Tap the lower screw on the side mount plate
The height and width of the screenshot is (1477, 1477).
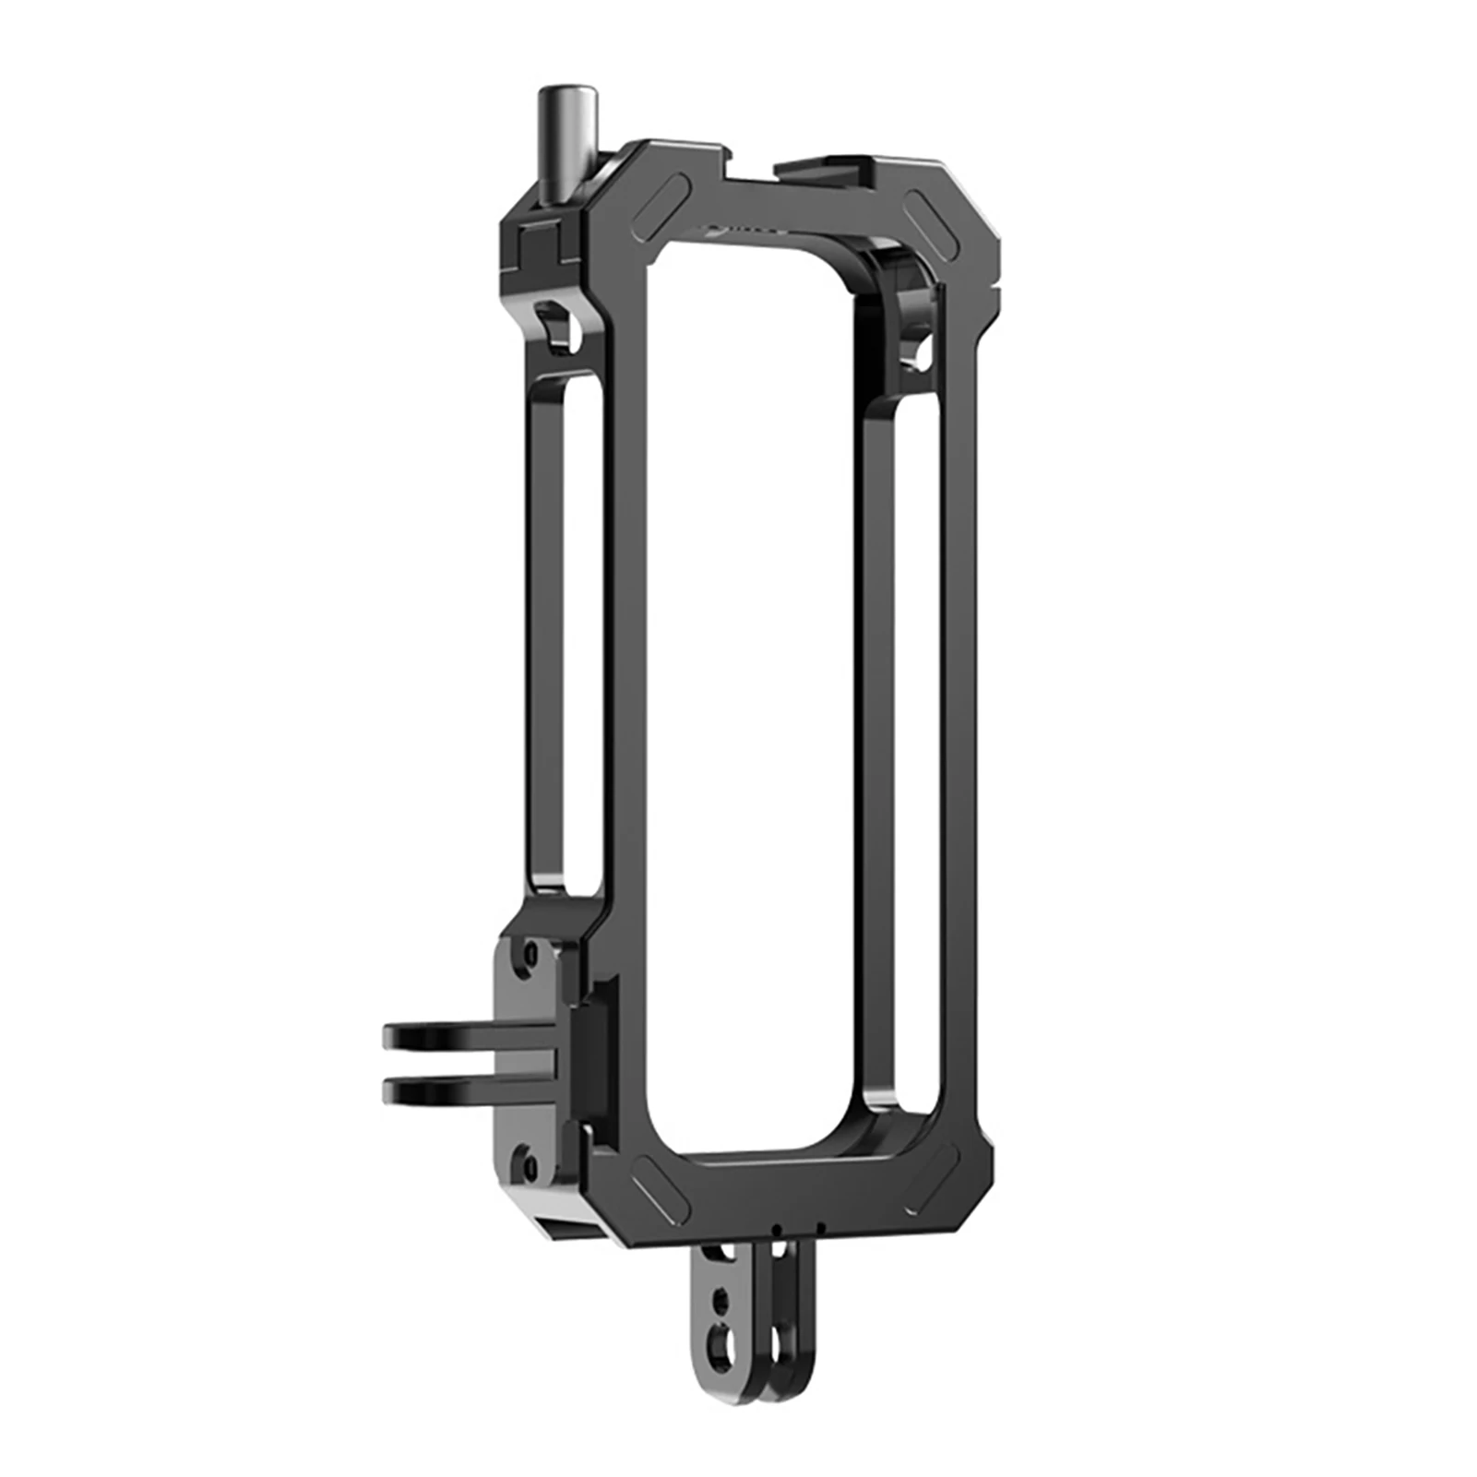[x=527, y=1154]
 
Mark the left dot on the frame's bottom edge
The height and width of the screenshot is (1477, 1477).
[x=780, y=1229]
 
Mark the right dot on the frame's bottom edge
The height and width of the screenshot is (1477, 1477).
[x=821, y=1229]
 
